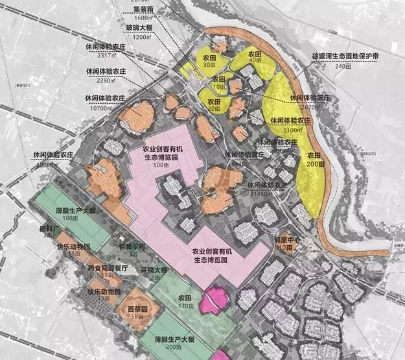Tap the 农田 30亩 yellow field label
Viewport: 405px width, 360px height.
[x=209, y=60]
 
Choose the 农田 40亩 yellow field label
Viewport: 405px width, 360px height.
[x=246, y=56]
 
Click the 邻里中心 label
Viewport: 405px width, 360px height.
[x=289, y=240]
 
